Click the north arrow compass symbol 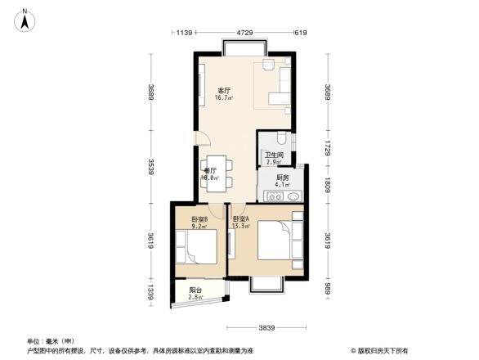(26, 19)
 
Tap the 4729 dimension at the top (244, 33)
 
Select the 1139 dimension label (183, 33)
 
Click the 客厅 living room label (223, 90)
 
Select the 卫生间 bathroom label (274, 155)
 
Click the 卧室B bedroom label (199, 219)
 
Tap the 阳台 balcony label (195, 290)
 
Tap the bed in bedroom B (198, 246)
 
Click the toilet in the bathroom (281, 140)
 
